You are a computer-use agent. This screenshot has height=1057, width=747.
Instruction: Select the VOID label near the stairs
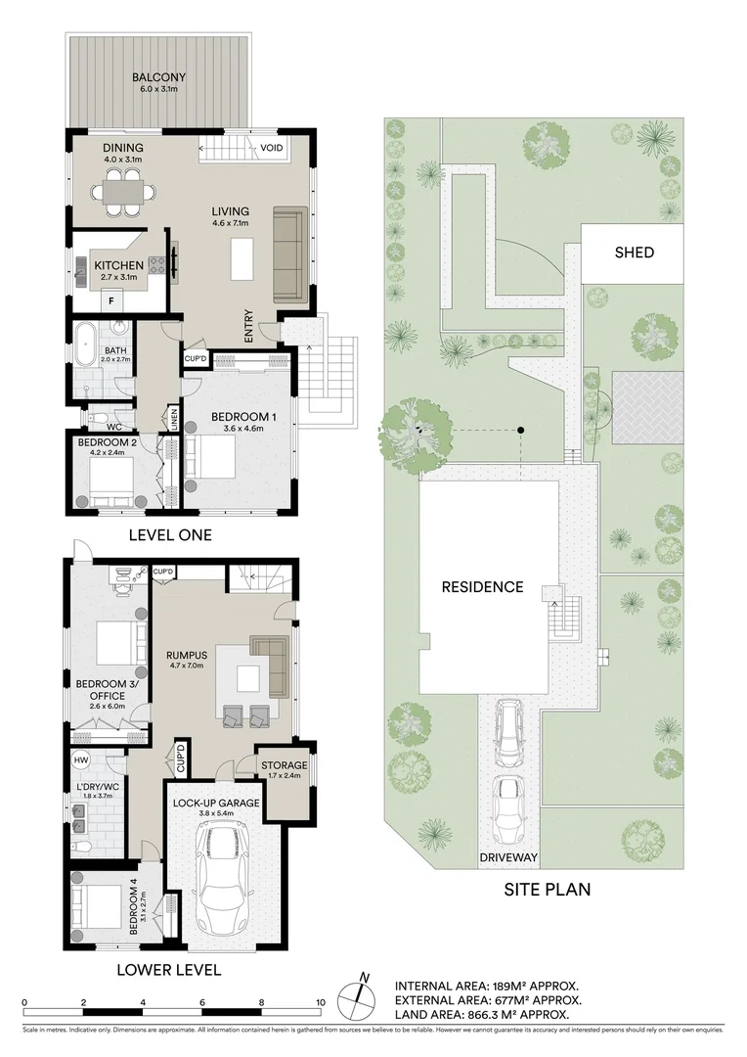point(272,149)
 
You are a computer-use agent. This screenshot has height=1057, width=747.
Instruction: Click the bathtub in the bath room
point(86,347)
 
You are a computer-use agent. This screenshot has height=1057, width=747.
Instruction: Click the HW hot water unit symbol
point(80,760)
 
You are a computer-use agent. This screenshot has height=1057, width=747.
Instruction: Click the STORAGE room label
point(284,765)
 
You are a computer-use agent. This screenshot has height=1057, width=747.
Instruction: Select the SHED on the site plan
point(634,253)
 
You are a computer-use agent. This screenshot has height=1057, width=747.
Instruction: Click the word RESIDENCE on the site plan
point(482,587)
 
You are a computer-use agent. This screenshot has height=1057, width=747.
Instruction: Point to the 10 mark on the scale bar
point(321,1002)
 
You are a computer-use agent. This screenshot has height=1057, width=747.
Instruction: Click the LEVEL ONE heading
point(171,535)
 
